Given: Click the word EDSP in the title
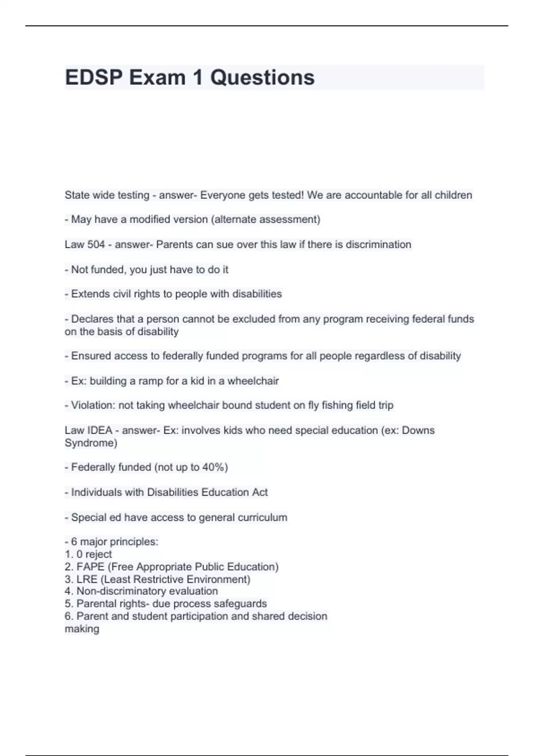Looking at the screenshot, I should pos(93,77).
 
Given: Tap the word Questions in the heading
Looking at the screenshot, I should pos(262,77).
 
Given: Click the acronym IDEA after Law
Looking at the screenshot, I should pos(100,430).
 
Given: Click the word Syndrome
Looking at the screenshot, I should pos(90,443).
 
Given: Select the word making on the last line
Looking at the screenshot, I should pos(82,629).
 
